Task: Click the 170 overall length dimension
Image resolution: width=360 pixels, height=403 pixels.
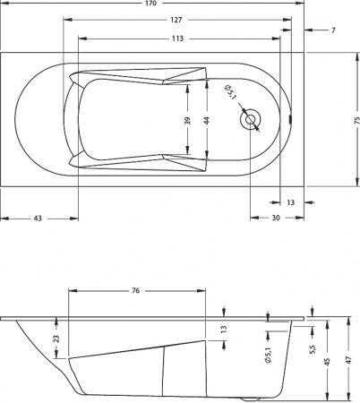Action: [152, 4]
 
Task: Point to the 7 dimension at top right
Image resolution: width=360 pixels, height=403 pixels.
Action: [332, 30]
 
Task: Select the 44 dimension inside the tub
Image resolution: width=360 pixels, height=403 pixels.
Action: [207, 120]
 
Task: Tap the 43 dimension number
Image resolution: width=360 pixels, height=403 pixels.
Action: [39, 219]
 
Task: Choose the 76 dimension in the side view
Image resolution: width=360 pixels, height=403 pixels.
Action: [135, 291]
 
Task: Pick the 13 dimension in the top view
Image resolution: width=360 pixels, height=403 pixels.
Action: [290, 202]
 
